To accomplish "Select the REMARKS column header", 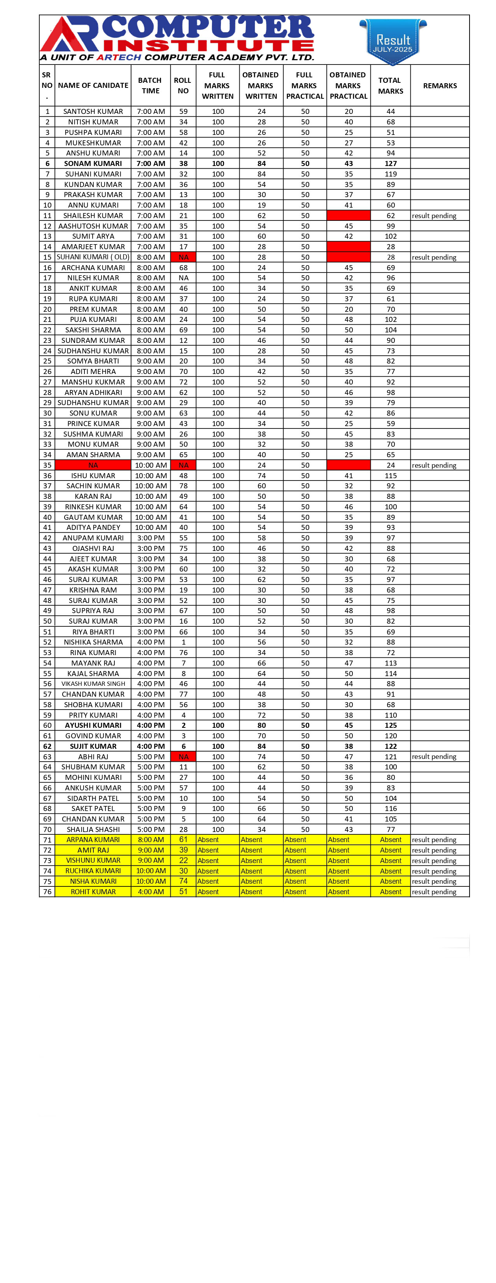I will pos(440,86).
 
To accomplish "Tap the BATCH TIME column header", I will pos(150,86).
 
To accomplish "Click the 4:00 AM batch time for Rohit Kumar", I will pos(151,891).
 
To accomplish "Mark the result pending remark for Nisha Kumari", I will pos(434,881).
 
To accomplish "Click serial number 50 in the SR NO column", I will pos(47,621).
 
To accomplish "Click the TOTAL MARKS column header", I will pos(390,86).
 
